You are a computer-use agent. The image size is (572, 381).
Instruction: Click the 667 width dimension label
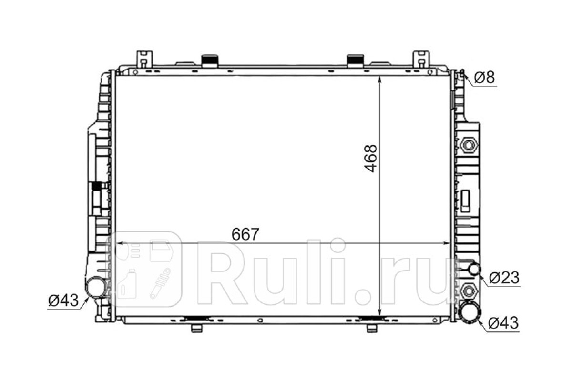245,234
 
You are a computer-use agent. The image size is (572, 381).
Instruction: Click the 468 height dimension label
370,159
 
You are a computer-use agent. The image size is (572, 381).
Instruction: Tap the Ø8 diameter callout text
484,77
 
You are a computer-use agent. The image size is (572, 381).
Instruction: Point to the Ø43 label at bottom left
63,300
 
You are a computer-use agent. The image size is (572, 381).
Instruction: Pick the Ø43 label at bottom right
503,323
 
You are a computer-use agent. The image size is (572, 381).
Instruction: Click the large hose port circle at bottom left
96,287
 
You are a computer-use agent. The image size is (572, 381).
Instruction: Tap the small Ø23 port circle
475,269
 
